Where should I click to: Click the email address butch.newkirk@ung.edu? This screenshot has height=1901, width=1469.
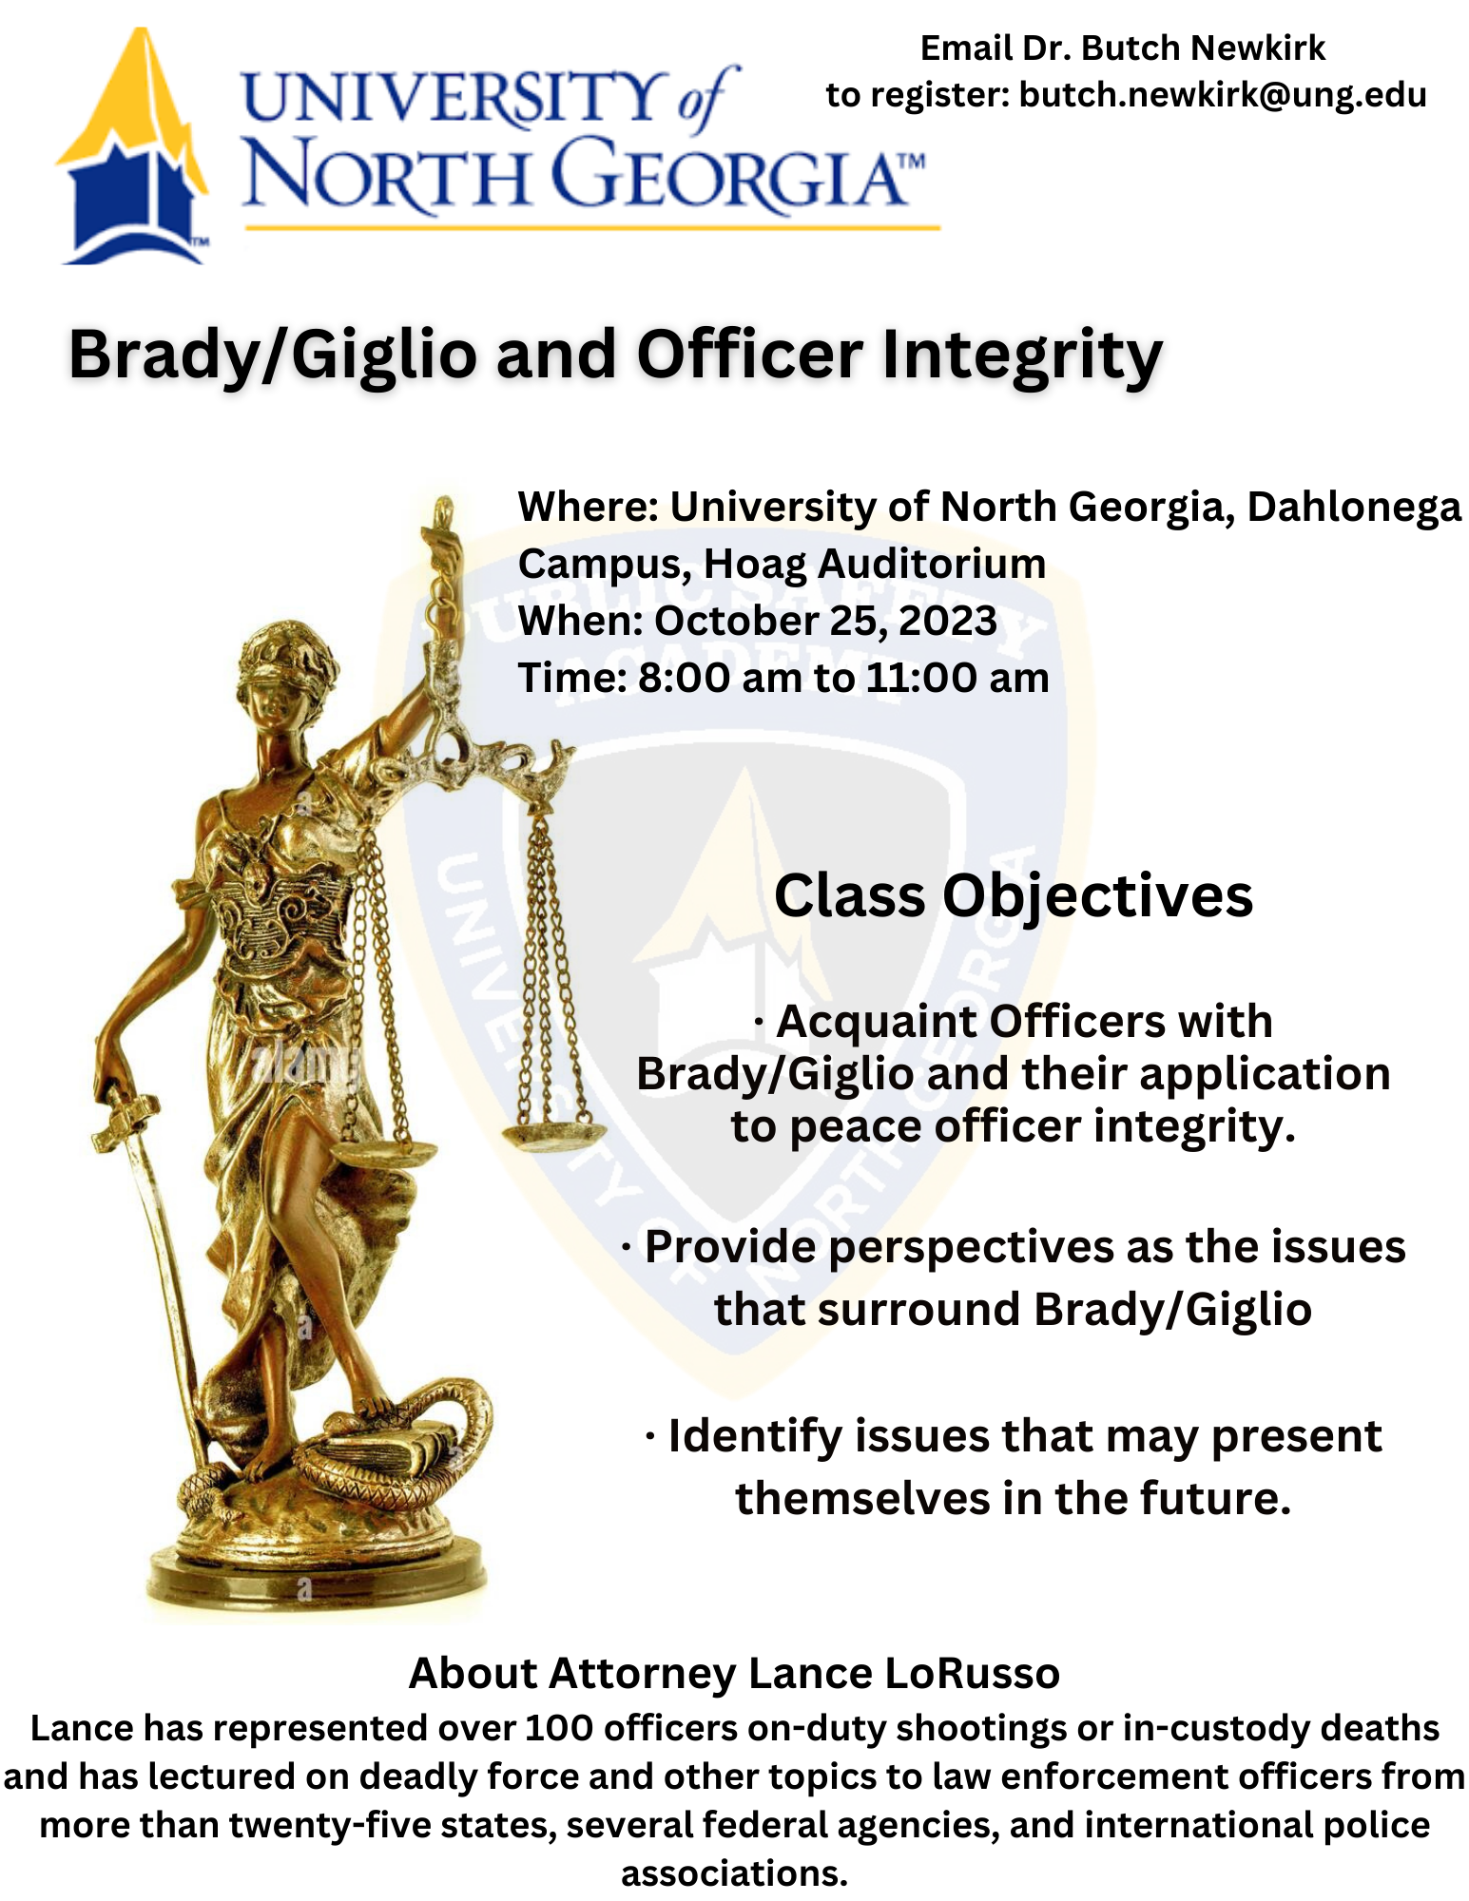tap(1222, 95)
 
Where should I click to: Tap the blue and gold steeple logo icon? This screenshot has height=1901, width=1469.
tap(133, 152)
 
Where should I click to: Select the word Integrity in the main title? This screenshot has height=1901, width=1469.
tap(1022, 355)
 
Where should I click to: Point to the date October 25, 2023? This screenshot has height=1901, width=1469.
tap(825, 621)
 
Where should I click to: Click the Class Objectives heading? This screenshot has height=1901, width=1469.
tap(1014, 895)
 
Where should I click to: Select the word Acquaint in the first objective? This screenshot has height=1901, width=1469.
tap(876, 1022)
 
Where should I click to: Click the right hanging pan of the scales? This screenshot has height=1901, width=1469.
tap(553, 1133)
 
